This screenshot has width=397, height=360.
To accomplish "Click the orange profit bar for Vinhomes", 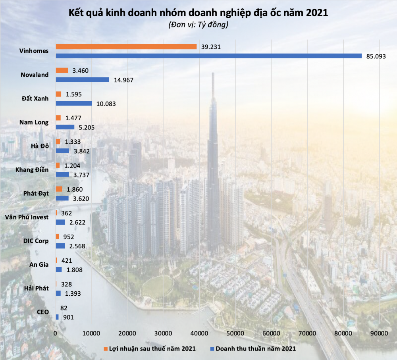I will (126, 47).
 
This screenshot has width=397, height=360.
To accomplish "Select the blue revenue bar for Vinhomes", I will (208, 56).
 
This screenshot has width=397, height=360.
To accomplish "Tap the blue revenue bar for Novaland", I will (82, 79).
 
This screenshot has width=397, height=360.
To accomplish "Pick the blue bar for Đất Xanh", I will (73, 103).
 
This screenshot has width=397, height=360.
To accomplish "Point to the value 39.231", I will (211, 47).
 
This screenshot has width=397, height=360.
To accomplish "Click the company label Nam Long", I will (34, 122).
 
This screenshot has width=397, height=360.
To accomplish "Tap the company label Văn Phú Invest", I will (27, 217).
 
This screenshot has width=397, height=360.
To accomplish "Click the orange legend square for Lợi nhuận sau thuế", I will (106, 348).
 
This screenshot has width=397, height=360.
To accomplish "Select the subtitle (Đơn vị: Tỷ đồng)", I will (198, 25).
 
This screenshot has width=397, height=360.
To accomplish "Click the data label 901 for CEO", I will (68, 317).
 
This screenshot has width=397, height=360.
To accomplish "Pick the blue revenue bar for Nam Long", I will (65, 127).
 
